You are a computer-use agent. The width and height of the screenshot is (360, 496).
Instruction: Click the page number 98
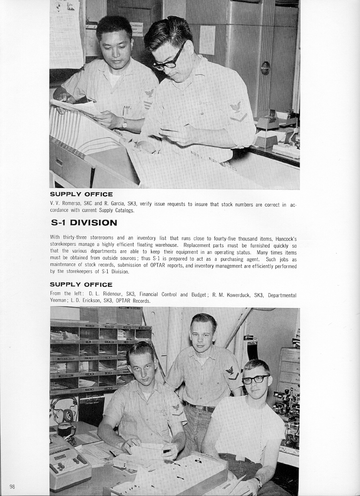[x=12, y=487]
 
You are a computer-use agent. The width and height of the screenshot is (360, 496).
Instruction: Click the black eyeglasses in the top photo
[x=168, y=60]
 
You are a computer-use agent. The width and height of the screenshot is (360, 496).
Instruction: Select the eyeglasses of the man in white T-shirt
[x=255, y=380]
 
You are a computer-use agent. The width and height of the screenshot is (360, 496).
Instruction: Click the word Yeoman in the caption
[x=59, y=301]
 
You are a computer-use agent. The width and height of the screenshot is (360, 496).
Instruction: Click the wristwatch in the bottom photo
[x=258, y=482]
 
